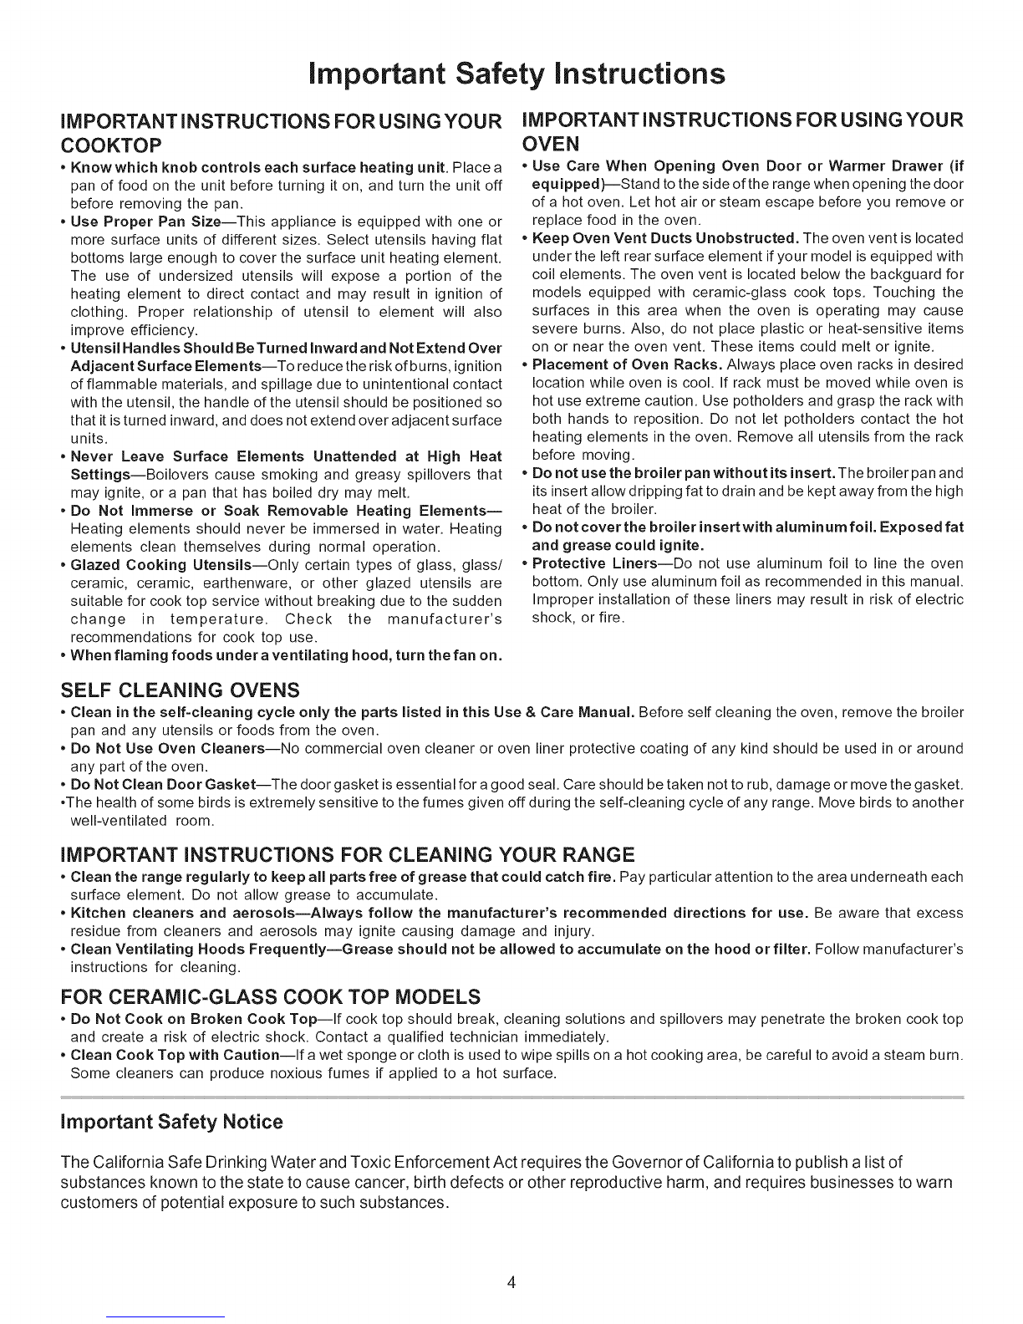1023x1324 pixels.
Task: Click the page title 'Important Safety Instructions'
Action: tap(512, 74)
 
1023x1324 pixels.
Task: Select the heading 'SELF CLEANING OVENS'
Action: tap(181, 690)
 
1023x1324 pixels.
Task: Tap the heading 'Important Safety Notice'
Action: tap(172, 1122)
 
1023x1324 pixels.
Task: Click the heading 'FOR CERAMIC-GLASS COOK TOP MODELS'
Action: tap(272, 997)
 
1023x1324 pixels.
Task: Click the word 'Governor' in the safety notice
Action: tap(720, 1163)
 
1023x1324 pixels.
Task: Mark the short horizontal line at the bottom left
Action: tap(167, 1317)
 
